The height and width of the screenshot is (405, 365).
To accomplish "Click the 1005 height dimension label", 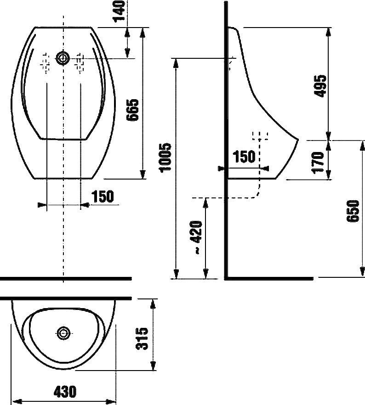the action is (x=165, y=157).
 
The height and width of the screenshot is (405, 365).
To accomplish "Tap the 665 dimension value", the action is (x=132, y=110).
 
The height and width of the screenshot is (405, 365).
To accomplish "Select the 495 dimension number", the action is (x=320, y=86).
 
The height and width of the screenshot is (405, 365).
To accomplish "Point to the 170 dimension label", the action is (x=318, y=162).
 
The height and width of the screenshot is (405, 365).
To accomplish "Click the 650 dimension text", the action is (x=353, y=211).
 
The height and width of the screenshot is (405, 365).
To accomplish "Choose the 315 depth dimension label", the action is (x=142, y=338).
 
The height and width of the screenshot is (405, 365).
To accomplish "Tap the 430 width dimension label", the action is (x=65, y=392).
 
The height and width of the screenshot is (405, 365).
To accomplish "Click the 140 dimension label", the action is (x=119, y=11).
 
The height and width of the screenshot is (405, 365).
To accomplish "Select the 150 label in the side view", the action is (x=244, y=157).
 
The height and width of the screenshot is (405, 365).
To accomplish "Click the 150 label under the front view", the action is (x=103, y=197).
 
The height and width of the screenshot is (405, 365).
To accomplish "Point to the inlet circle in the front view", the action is (x=63, y=59).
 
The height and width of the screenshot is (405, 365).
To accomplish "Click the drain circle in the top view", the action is (x=63, y=332).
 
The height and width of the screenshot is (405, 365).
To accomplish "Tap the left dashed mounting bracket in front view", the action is (x=46, y=63).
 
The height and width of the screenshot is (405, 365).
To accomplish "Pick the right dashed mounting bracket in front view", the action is (x=79, y=63).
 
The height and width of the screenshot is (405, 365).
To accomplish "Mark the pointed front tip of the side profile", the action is (x=298, y=140).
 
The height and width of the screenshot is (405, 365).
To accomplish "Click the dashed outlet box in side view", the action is (x=260, y=136).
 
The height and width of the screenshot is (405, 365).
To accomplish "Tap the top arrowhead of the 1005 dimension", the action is (x=176, y=63).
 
